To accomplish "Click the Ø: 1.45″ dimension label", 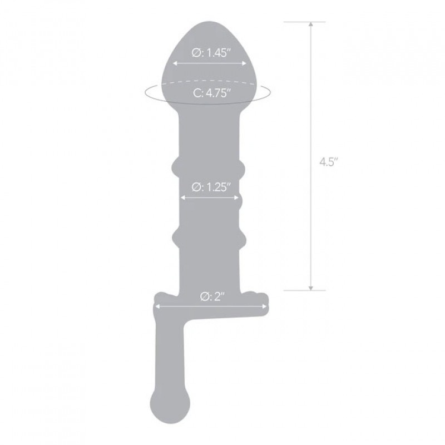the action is (x=210, y=53).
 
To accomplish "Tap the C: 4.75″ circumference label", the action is (x=210, y=93).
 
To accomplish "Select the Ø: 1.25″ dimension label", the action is (x=210, y=187).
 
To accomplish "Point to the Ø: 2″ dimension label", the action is (x=212, y=297).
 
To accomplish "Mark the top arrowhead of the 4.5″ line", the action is (x=311, y=24).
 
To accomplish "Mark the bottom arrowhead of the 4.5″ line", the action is (x=311, y=288).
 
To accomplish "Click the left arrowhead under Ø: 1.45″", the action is (x=175, y=63).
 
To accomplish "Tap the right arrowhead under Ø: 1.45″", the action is (x=244, y=63).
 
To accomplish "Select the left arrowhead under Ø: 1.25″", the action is (x=183, y=197).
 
